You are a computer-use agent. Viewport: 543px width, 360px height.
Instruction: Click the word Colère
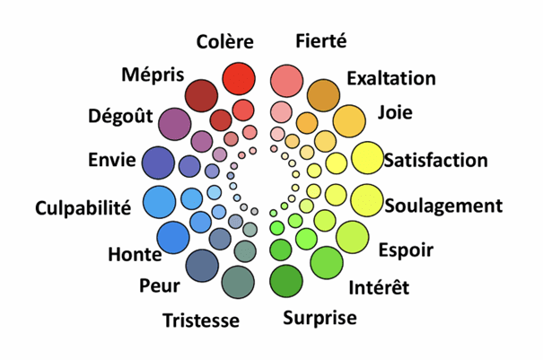click(225, 41)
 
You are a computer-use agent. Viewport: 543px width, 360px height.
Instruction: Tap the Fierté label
click(320, 40)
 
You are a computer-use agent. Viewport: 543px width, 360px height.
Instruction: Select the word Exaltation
click(390, 78)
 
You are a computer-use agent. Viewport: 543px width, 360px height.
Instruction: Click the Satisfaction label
click(435, 161)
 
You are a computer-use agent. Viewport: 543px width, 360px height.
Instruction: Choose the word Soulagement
click(442, 206)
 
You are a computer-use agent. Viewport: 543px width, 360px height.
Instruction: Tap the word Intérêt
click(378, 287)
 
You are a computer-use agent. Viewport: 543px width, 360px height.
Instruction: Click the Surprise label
click(320, 317)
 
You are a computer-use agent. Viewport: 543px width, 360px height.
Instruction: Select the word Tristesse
click(201, 320)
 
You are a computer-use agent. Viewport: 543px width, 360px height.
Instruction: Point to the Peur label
click(159, 286)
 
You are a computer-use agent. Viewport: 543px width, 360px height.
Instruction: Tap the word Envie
click(112, 161)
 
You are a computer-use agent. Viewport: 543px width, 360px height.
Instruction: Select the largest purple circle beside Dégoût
click(173, 125)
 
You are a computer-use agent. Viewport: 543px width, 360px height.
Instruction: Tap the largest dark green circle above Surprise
click(286, 280)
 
